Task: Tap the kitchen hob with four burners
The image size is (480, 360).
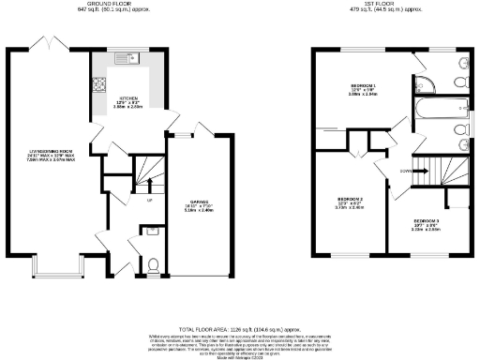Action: (97, 87)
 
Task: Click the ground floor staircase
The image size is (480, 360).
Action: (146, 172)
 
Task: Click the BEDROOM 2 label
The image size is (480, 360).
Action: (349, 200)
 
